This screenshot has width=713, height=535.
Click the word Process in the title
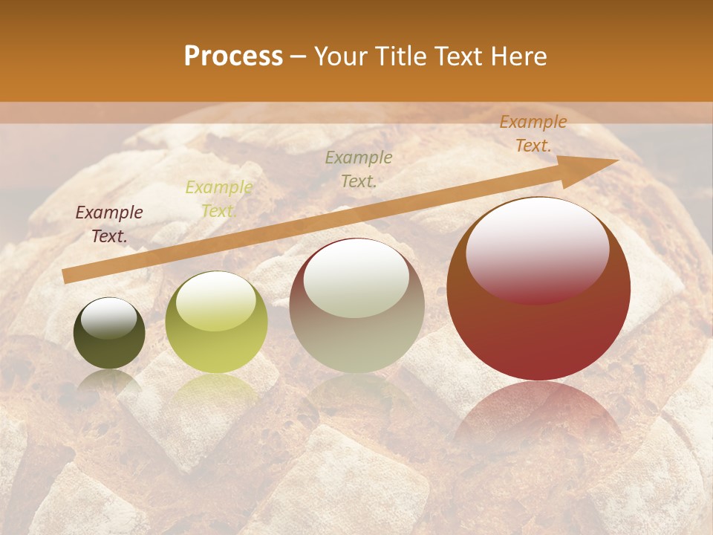[233, 56]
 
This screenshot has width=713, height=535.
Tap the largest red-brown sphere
[538, 327]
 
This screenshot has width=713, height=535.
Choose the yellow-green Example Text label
[218, 199]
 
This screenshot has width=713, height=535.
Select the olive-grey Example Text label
[359, 169]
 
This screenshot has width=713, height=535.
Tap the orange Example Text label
[533, 134]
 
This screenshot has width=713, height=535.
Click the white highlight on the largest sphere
[537, 249]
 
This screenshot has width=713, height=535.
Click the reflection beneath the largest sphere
[538, 416]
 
